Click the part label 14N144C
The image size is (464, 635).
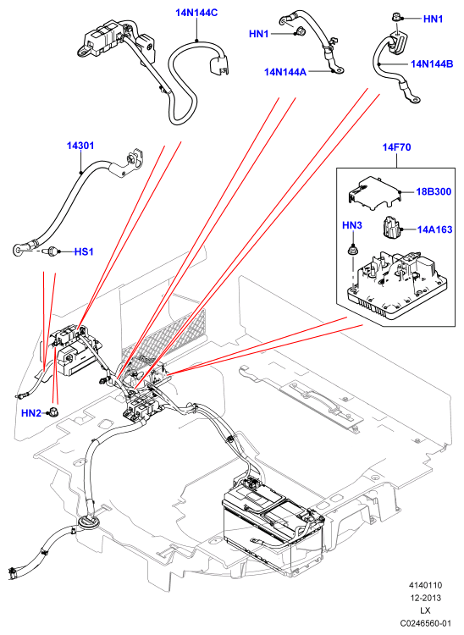[x=196, y=13]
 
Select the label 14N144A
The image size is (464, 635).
[x=285, y=72]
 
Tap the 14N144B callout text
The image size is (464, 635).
[x=432, y=63]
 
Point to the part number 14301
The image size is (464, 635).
[x=80, y=146]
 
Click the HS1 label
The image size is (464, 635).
[x=84, y=251]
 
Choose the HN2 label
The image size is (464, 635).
[x=31, y=413]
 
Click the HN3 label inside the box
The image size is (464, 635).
[x=352, y=225]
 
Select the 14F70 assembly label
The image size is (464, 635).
[x=397, y=147]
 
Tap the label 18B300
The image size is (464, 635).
[x=434, y=191]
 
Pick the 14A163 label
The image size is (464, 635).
[x=435, y=229]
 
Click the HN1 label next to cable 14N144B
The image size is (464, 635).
[x=434, y=19]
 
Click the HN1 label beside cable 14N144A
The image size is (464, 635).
[x=259, y=34]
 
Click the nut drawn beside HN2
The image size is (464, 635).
[x=52, y=411]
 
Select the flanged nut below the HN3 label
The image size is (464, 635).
[x=353, y=250]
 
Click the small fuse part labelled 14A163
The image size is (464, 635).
[x=390, y=229]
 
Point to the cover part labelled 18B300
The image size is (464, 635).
[x=373, y=192]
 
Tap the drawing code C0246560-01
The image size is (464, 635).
[x=425, y=623]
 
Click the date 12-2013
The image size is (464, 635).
[x=425, y=598]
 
